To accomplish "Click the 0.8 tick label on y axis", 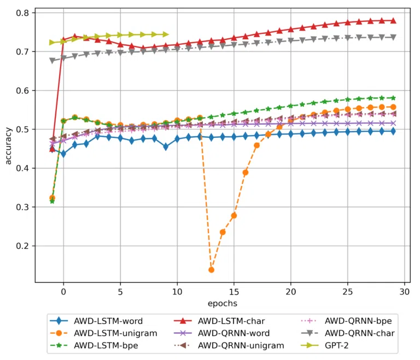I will pyautogui.click(x=24, y=13).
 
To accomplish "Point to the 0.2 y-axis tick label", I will pyautogui.click(x=24, y=246).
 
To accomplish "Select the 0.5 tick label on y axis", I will pyautogui.click(x=24, y=129).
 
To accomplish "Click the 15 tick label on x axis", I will pyautogui.click(x=234, y=292).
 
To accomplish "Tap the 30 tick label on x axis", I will pyautogui.click(x=405, y=292).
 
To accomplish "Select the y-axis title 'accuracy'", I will pyautogui.click(x=8, y=146).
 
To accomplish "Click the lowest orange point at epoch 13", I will pyautogui.click(x=211, y=270).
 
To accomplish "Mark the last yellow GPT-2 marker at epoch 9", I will pyautogui.click(x=166, y=34).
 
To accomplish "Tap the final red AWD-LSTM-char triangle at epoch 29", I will pyautogui.click(x=393, y=21).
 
